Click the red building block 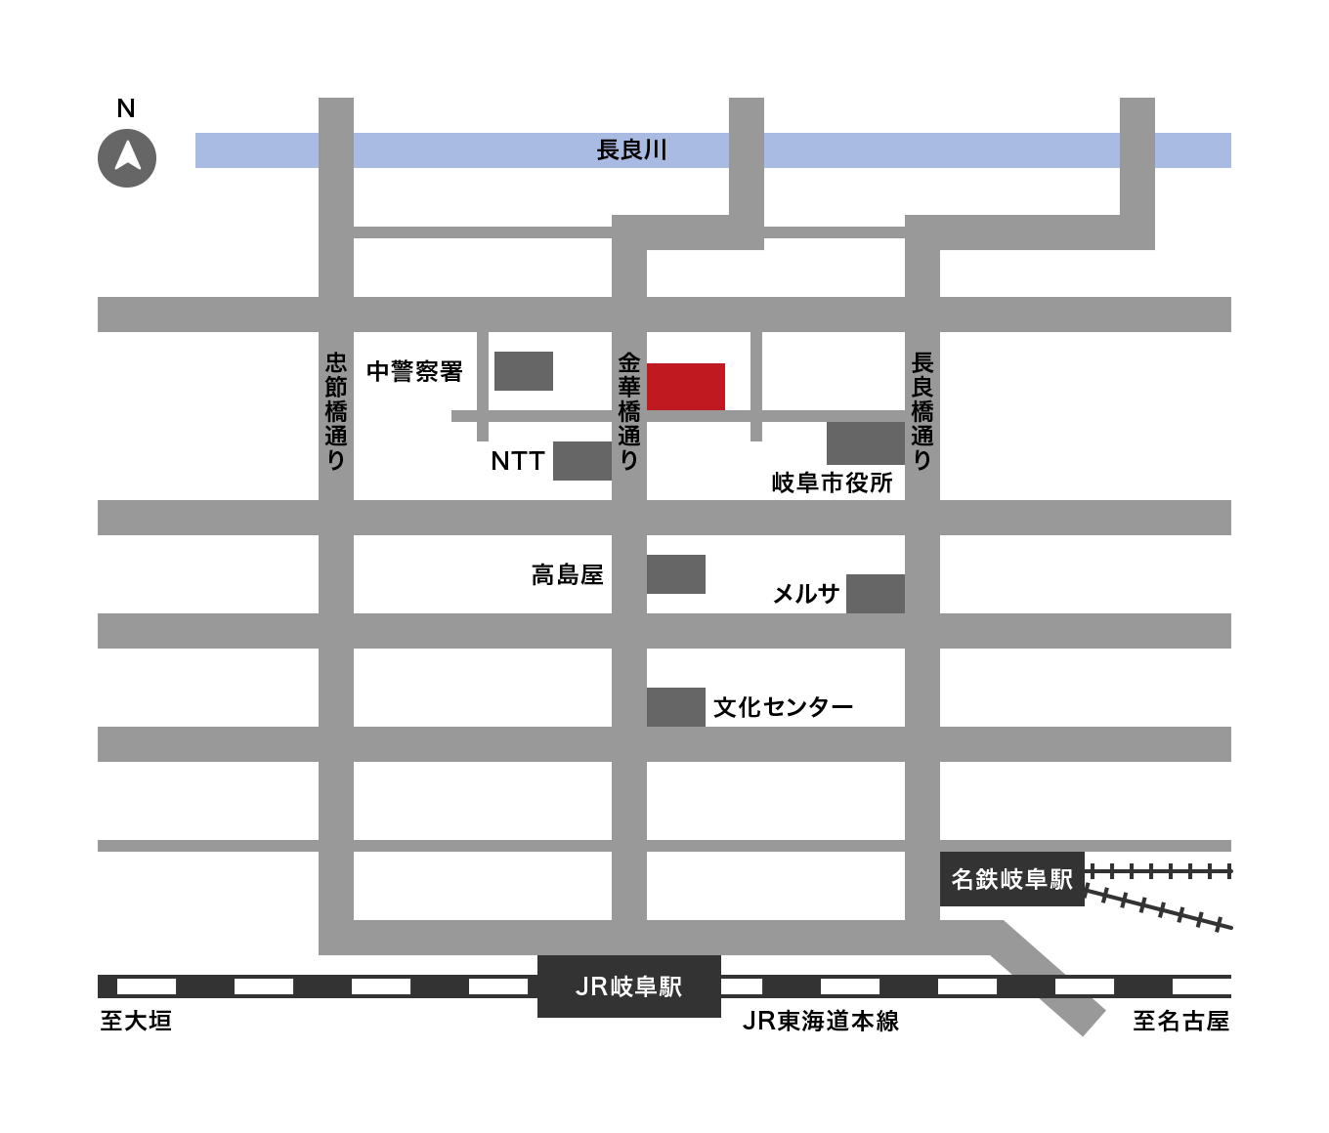[x=685, y=386]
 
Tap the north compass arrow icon [x=126, y=156]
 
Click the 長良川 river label [x=631, y=150]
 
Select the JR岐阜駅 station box [x=628, y=986]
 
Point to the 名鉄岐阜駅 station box [x=1011, y=879]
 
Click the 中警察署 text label [x=414, y=371]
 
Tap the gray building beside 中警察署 [x=523, y=371]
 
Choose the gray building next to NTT [x=581, y=461]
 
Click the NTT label [x=517, y=461]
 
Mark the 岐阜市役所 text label [x=833, y=483]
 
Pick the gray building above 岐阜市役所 [x=865, y=443]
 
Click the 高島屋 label [x=567, y=575]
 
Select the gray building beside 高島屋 [x=675, y=574]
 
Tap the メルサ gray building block [x=875, y=594]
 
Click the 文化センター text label [x=783, y=707]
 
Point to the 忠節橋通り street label [x=335, y=411]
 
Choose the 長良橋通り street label [x=922, y=411]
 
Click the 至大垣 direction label [x=136, y=1022]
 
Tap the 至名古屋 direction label [x=1180, y=1022]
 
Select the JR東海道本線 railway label [x=820, y=1022]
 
